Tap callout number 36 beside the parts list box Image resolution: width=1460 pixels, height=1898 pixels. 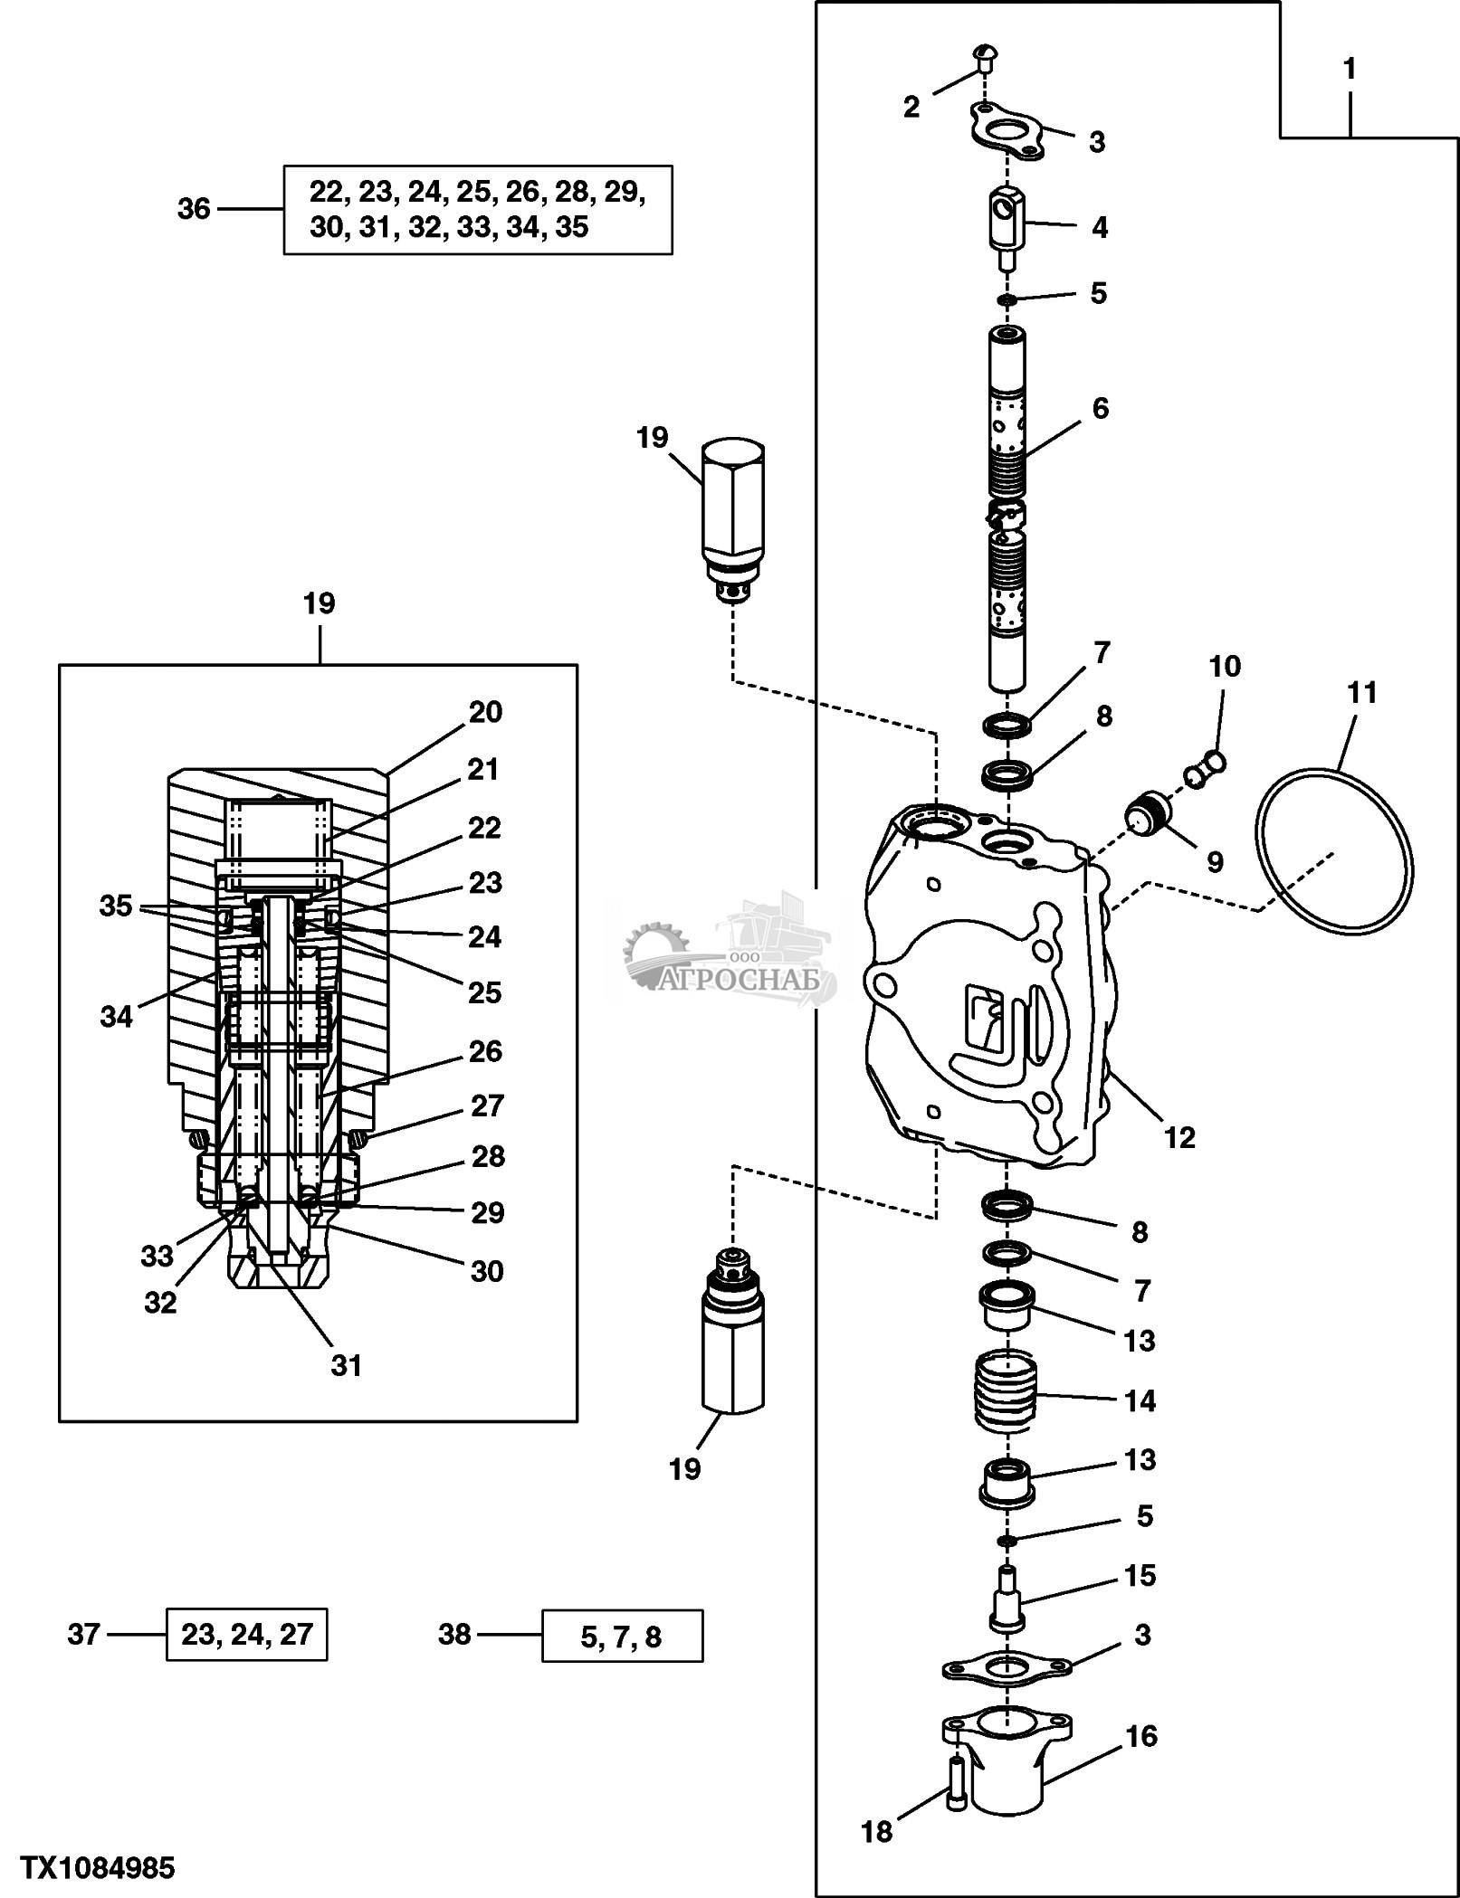tap(194, 209)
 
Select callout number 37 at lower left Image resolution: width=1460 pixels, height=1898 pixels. tap(83, 1634)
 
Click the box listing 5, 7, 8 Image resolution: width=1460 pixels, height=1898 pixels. tap(622, 1636)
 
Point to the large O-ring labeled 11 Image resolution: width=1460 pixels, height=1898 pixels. tap(1334, 851)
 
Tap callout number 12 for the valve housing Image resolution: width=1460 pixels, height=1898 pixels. tap(1179, 1136)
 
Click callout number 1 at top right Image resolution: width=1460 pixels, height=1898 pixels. tap(1349, 70)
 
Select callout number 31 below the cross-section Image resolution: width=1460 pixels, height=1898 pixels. tap(347, 1365)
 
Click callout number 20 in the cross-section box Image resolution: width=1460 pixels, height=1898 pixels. tap(485, 713)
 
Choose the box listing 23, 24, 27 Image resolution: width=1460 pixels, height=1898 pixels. tap(246, 1634)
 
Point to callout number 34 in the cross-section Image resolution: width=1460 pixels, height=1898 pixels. tap(116, 1017)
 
